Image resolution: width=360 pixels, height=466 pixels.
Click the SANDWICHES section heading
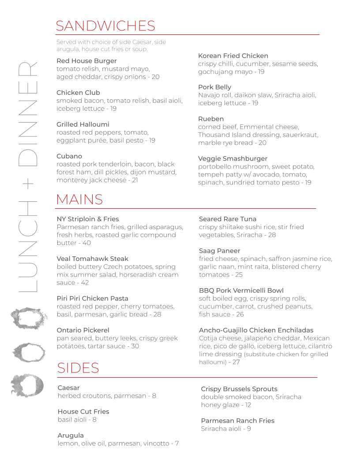(x=105, y=26)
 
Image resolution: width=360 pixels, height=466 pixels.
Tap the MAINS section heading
(x=79, y=199)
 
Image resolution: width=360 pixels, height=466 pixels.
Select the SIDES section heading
(x=78, y=368)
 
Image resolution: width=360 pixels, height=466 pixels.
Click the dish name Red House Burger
(x=86, y=61)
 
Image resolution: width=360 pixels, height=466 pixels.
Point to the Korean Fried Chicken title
(x=233, y=56)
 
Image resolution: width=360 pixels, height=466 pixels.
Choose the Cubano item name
(x=69, y=156)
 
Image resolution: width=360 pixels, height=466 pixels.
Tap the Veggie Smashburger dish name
(x=232, y=158)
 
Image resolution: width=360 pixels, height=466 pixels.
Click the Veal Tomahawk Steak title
(x=92, y=259)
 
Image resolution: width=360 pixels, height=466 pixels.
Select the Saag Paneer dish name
(x=219, y=251)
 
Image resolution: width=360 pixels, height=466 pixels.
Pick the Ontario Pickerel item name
(x=83, y=330)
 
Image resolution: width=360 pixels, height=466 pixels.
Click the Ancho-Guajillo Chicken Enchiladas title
(x=256, y=330)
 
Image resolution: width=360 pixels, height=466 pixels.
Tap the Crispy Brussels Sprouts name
(x=239, y=389)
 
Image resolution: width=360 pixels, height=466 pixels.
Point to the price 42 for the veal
(x=85, y=282)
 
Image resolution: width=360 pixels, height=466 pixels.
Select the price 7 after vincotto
(x=176, y=443)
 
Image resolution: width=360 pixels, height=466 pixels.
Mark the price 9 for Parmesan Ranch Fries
(x=249, y=428)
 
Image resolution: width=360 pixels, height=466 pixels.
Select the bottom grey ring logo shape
(x=27, y=384)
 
